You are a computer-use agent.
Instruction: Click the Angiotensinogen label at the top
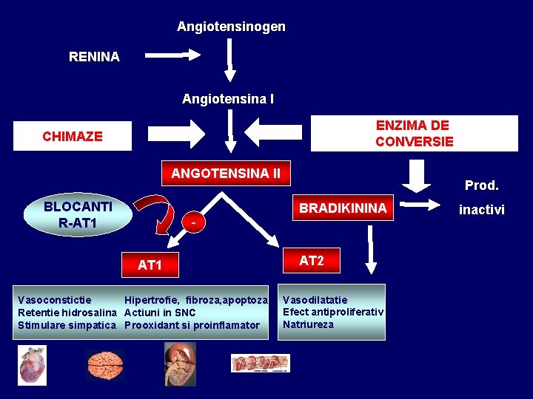pos(231,27)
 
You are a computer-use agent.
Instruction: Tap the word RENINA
pos(94,57)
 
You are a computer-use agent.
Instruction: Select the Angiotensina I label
pos(228,98)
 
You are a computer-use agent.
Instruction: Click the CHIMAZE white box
pos(73,136)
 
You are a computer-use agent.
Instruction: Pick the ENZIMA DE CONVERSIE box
pos(414,134)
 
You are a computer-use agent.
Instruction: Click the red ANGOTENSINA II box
pos(226,174)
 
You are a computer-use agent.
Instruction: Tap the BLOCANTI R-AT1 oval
pos(78,215)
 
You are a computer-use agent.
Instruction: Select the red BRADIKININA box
pos(343,208)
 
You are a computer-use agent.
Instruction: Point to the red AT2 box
pos(311,261)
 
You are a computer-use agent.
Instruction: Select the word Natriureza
pos(308,324)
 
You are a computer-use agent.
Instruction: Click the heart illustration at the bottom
pos(33,364)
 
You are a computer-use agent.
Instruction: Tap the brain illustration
pos(104,363)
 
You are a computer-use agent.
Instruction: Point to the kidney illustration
pos(180,363)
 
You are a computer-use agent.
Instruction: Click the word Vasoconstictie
pos(55,300)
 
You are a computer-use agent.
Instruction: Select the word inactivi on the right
pos(481,210)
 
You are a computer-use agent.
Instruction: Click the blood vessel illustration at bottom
pos(260,363)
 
